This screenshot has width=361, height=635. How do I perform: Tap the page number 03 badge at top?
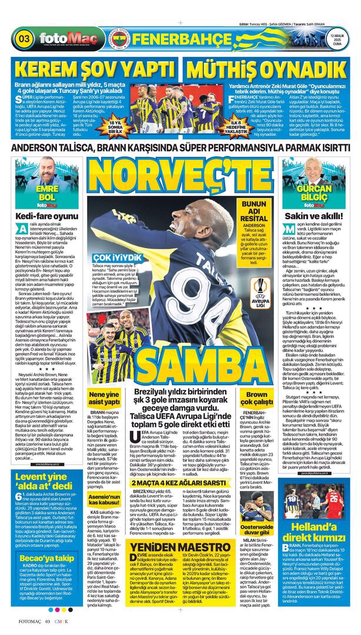point(25,39)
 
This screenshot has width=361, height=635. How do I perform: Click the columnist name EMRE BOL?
point(47,193)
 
